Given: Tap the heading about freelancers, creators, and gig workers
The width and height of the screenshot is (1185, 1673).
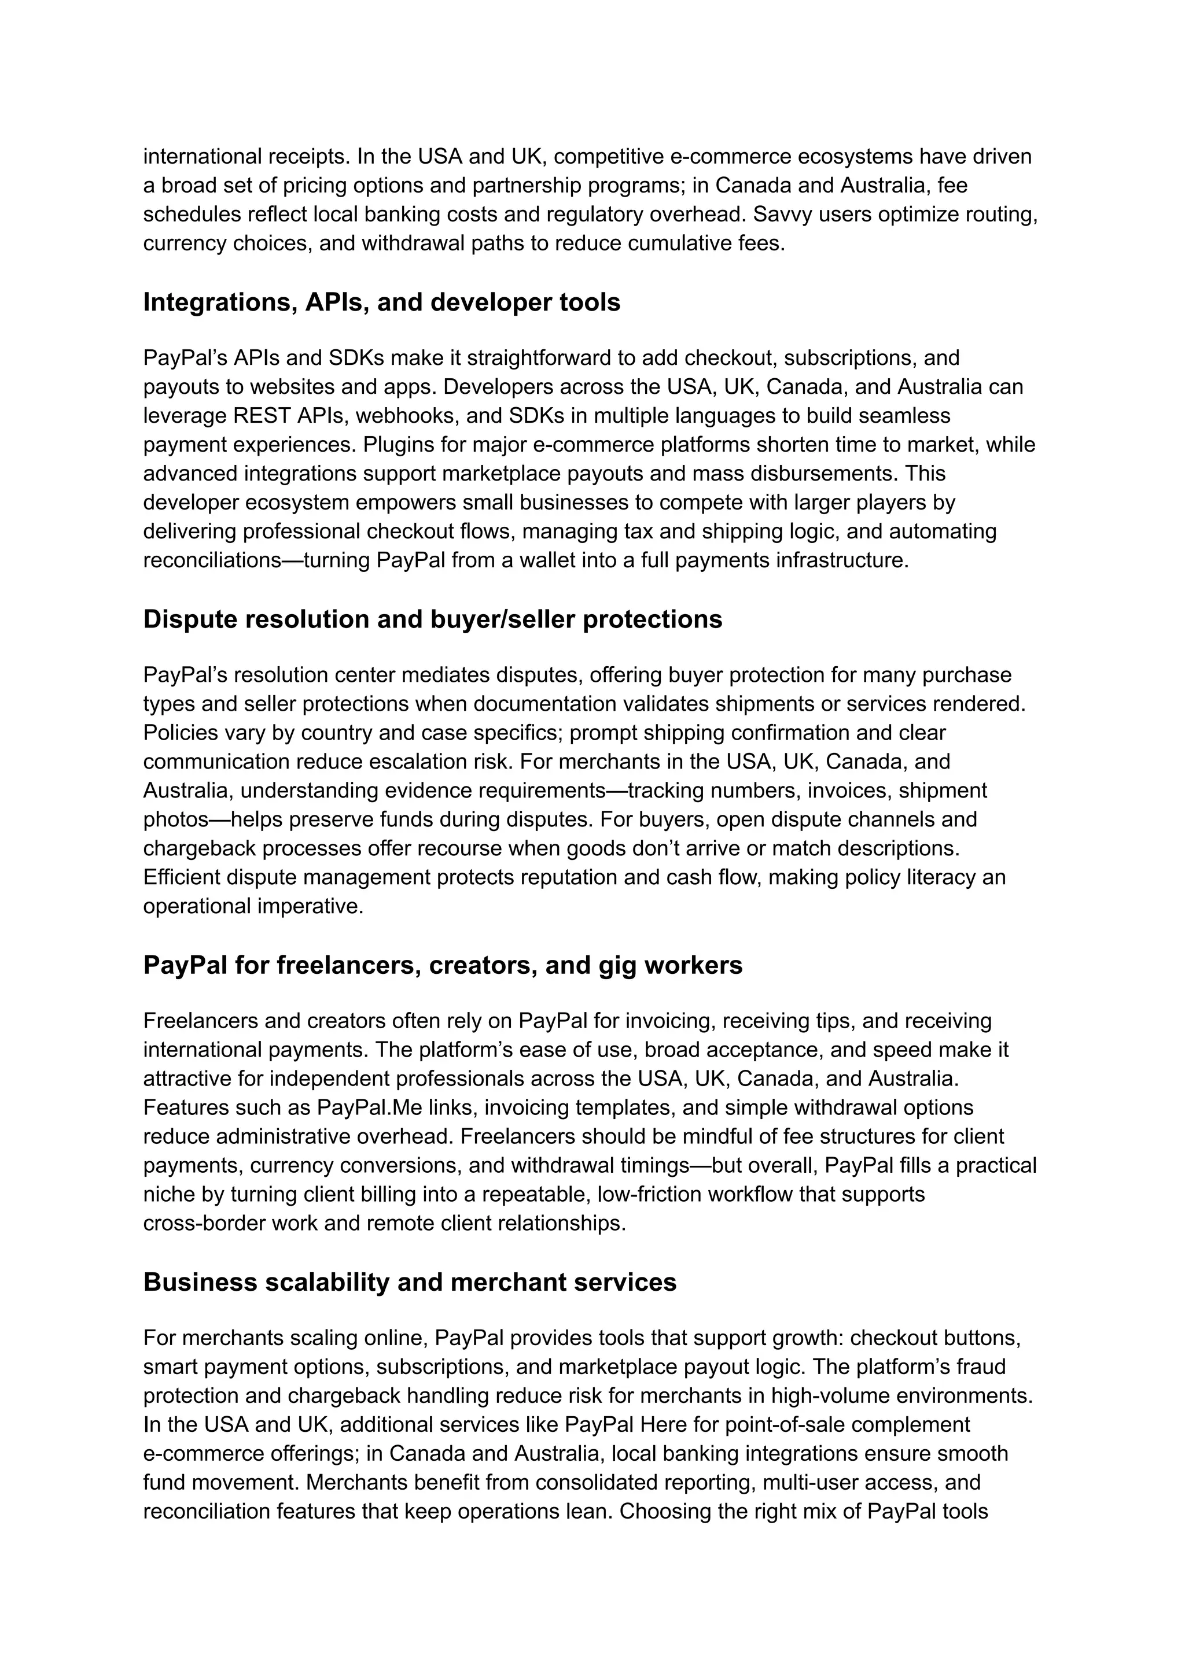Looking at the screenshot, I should click(442, 965).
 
